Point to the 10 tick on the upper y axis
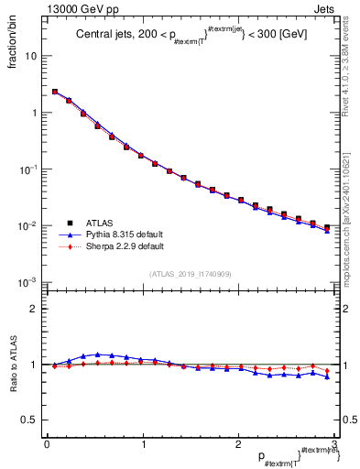click(x=33, y=56)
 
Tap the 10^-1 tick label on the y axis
click(x=30, y=169)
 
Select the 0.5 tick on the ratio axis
click(x=31, y=420)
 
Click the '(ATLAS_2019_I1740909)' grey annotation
click(x=190, y=274)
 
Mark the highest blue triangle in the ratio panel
click(x=97, y=354)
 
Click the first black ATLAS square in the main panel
click(x=55, y=92)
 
